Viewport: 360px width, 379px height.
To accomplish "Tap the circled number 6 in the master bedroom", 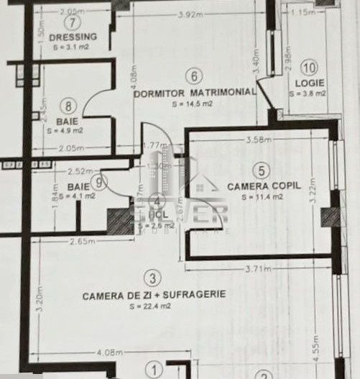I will tap(193, 76).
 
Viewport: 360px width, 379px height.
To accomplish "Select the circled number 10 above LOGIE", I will tap(309, 69).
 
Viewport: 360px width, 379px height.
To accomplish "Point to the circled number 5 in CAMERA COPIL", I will tap(262, 170).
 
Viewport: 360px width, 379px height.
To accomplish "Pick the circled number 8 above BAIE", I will tap(68, 106).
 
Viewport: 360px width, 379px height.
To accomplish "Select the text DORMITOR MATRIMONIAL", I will tap(195, 93).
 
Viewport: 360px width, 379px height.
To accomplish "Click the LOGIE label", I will tap(309, 83).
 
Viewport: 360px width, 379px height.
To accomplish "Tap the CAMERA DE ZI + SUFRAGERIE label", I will tap(154, 295).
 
